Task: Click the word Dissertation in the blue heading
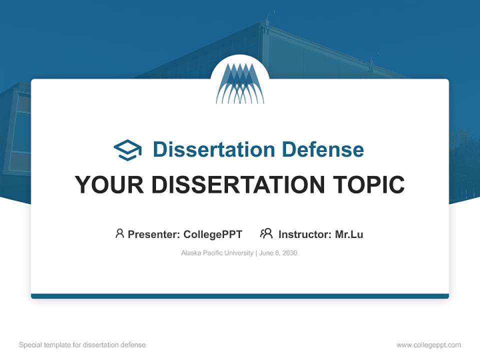pos(213,149)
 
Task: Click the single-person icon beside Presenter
pos(119,233)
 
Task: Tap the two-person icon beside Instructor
pos(266,233)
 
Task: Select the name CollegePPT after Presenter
pos(213,234)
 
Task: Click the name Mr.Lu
pos(349,234)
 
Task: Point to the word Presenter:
pos(154,234)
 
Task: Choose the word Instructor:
pos(305,234)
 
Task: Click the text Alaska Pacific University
pos(217,253)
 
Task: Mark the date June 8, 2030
pos(278,253)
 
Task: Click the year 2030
pos(289,253)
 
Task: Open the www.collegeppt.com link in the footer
pos(428,345)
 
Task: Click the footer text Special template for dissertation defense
pos(82,345)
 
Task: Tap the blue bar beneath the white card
pos(240,296)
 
